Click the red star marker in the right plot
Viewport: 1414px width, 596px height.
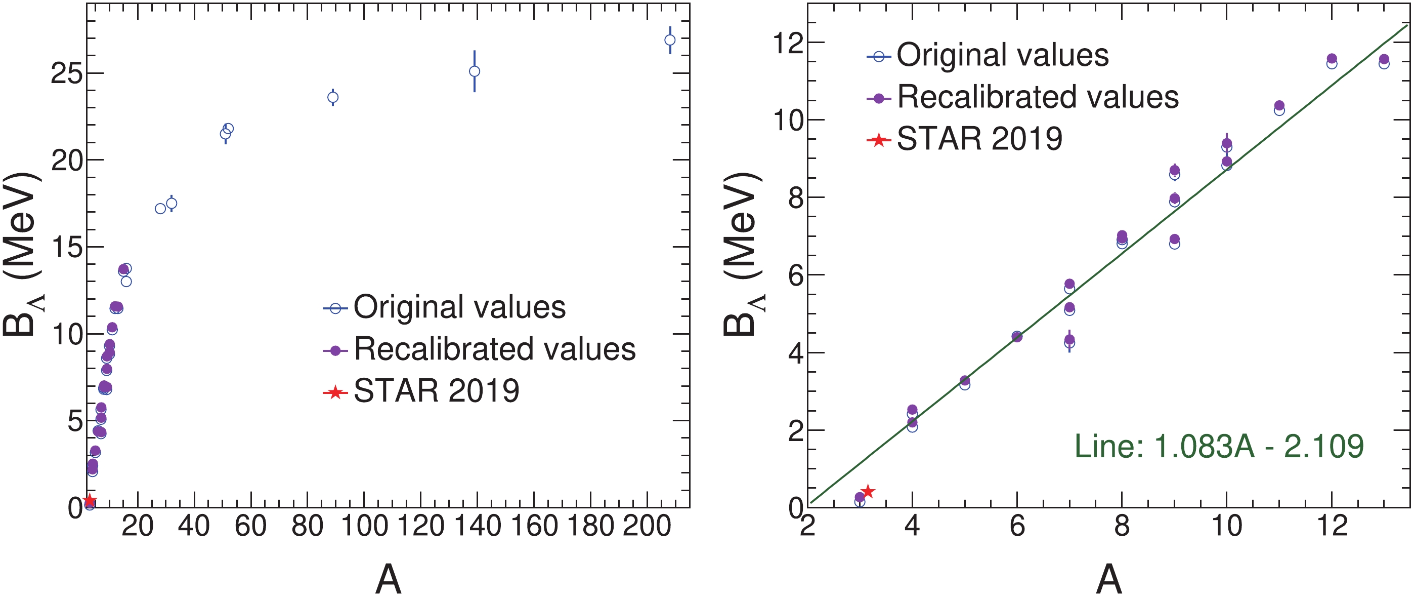pos(868,492)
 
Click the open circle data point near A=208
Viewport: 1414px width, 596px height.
pos(670,40)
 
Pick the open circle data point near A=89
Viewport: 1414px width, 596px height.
pos(333,97)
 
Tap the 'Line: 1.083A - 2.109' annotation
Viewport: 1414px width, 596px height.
pos(1219,446)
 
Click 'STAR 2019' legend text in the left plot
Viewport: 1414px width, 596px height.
pos(437,391)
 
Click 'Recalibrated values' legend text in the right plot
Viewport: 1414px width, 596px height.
pos(1038,97)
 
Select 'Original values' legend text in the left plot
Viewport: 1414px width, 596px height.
pos(459,307)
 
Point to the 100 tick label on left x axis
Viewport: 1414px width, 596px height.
pos(364,527)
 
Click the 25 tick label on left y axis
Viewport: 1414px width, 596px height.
pos(66,73)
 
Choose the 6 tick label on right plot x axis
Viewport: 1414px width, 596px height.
pos(1017,527)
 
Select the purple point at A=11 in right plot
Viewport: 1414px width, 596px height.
pos(1279,105)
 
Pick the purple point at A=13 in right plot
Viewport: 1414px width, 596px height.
pos(1384,59)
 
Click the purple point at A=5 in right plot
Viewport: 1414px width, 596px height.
pos(965,381)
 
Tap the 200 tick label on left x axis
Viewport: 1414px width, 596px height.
pos(647,527)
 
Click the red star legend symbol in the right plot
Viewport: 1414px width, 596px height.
pos(879,140)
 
